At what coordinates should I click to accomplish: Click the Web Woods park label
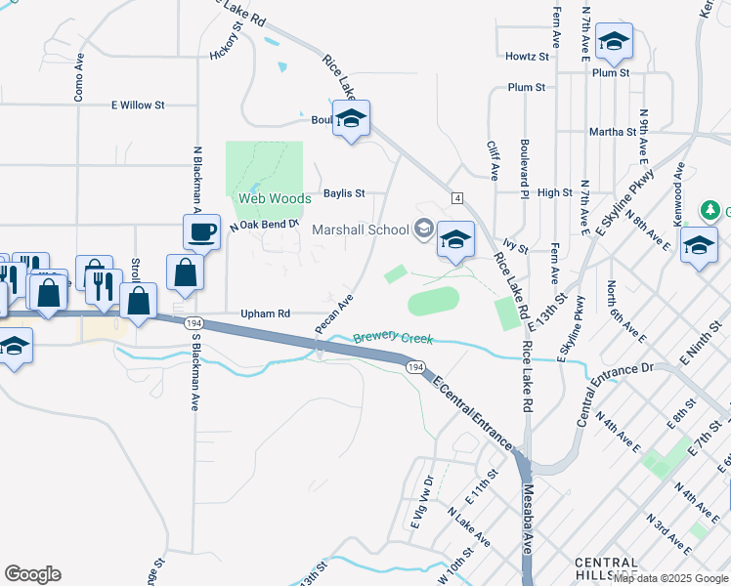tap(276, 198)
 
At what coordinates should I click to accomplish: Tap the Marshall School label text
tap(361, 230)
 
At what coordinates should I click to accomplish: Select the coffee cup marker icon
tap(202, 232)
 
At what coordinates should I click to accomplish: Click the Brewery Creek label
tap(392, 338)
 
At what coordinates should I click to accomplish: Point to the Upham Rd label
tap(266, 314)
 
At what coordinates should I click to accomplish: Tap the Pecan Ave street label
tap(333, 313)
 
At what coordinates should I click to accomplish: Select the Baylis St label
tap(344, 193)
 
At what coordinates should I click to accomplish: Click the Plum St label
tap(527, 88)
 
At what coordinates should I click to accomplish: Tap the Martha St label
tap(613, 131)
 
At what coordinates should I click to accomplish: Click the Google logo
tap(32, 574)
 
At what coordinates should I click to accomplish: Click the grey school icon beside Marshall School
tap(423, 230)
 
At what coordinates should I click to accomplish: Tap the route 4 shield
tap(457, 198)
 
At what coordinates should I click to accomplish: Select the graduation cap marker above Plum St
tap(614, 41)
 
